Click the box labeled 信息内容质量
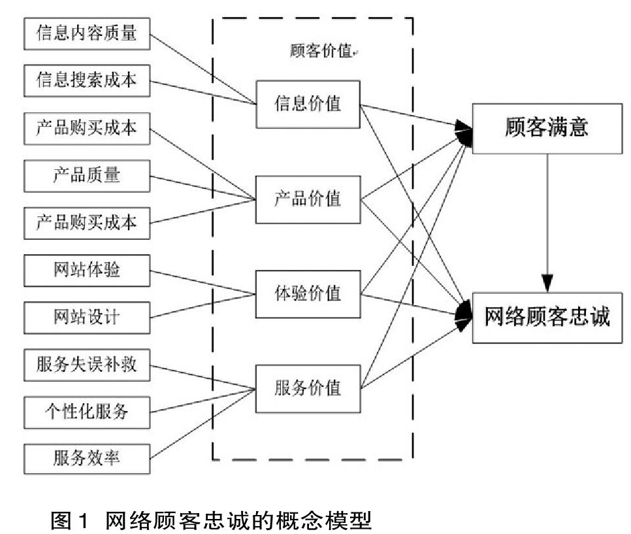[87, 34]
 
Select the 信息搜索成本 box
[87, 80]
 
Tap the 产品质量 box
[87, 176]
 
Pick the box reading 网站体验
[87, 271]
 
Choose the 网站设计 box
[87, 318]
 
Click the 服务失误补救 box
[87, 365]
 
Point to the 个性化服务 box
[87, 412]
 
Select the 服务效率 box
[87, 459]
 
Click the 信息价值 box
[308, 105]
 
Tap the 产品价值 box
[308, 200]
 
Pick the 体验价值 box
[308, 294]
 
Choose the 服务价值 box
[308, 389]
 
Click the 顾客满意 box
[547, 129]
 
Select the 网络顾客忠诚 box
[547, 318]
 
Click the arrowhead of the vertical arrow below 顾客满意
[547, 284]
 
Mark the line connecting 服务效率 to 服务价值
[202, 424]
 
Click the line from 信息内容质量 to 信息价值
[202, 69]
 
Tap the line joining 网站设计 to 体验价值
[202, 306]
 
